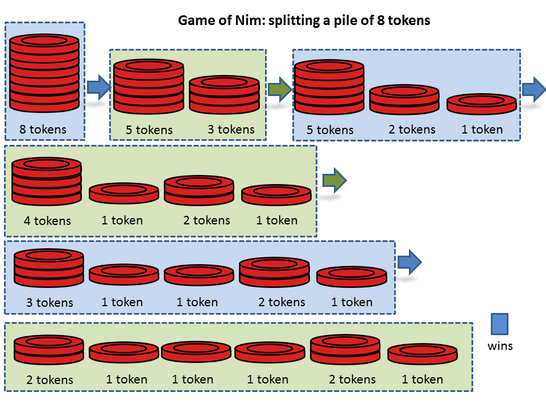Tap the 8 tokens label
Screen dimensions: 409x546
pos(43,130)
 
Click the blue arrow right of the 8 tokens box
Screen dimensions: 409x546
pos(98,87)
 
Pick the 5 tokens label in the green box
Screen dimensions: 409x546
pos(149,130)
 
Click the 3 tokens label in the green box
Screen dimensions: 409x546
pos(231,130)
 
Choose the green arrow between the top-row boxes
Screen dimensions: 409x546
pos(279,89)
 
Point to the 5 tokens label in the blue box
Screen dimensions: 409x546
pos(330,130)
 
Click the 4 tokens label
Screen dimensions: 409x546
pos(47,220)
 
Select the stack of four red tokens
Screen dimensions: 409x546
pos(47,181)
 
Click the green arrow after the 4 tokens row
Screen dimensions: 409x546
pos(334,181)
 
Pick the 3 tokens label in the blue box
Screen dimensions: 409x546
pos(49,302)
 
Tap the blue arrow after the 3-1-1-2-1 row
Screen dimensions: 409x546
pos(409,262)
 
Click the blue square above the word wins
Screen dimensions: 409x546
pos(499,324)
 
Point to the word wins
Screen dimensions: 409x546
pos(500,345)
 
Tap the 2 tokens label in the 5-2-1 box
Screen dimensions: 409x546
pos(412,130)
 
